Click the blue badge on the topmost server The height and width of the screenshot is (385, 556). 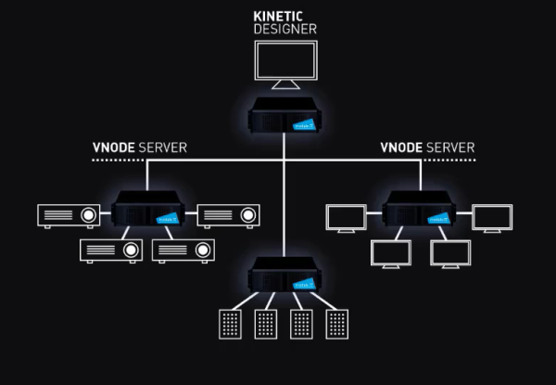coord(305,122)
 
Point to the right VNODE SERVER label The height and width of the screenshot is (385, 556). coord(427,148)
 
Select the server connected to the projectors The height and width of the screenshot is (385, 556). coord(148,210)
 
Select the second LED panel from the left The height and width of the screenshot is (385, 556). coord(265,325)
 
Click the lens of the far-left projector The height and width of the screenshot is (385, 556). coord(89,215)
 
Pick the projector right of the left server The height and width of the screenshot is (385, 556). coord(227,215)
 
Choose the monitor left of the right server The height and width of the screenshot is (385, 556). coord(346,217)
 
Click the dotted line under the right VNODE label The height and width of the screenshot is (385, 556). coord(427,160)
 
